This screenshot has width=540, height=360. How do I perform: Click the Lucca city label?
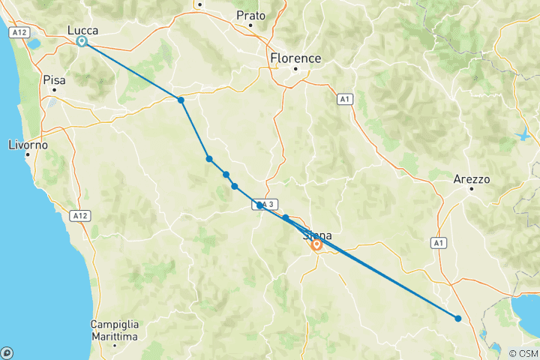[x=82, y=29]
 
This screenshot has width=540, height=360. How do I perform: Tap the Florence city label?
[x=295, y=58]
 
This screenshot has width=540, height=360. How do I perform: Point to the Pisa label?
[x=54, y=79]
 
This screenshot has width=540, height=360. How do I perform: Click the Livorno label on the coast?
[x=28, y=144]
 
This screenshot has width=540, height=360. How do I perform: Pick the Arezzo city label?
[x=472, y=180]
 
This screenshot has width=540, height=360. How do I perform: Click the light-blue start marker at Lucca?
[x=82, y=42]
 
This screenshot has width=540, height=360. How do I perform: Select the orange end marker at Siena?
[x=317, y=244]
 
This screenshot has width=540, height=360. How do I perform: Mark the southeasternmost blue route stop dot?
[x=458, y=319]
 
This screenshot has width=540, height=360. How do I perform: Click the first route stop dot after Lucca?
[x=181, y=100]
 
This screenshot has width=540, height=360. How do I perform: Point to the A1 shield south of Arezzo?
[x=439, y=243]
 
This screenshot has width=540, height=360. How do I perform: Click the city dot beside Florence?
[x=295, y=70]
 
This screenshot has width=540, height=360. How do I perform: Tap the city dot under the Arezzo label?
[x=472, y=190]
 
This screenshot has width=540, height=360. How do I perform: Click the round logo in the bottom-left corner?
[x=7, y=352]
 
